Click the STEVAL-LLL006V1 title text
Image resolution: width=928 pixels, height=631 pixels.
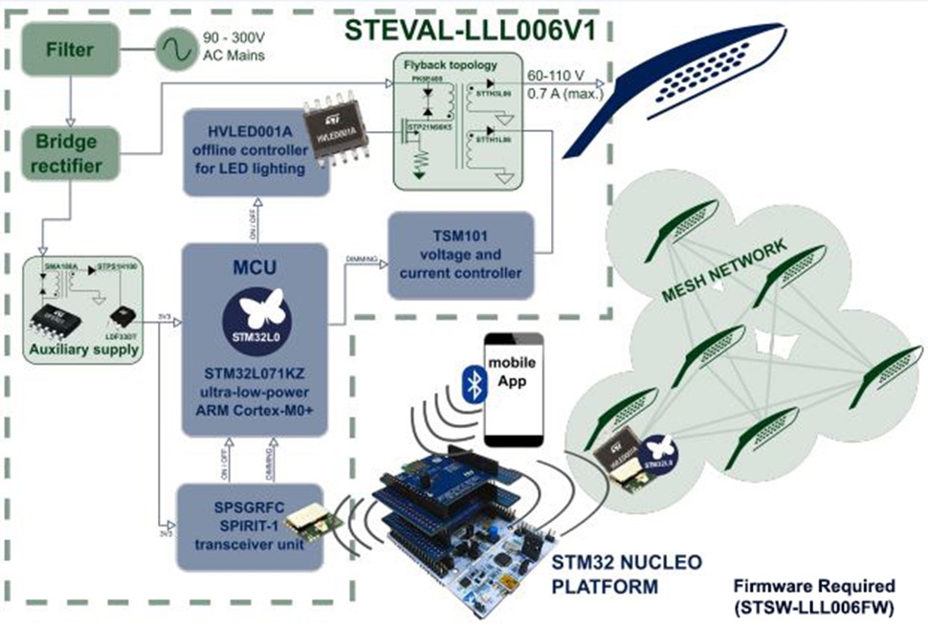[x=470, y=30]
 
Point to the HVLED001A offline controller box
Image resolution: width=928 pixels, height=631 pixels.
[x=245, y=152]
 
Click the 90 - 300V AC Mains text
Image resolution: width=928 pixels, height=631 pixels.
[x=233, y=46]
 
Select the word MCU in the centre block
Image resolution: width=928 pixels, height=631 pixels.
[x=256, y=265]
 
